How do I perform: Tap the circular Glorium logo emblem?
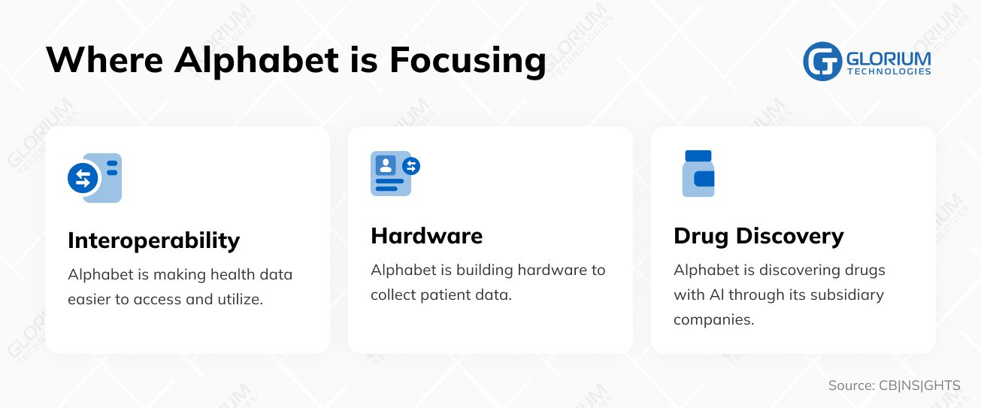[822, 61]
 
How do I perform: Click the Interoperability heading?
[153, 240]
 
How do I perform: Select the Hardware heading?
[426, 236]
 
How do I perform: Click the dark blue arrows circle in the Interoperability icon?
[83, 178]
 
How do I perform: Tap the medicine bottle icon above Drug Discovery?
[698, 174]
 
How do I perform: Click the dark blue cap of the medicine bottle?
[698, 156]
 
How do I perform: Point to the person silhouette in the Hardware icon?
[386, 165]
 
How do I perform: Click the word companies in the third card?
[713, 319]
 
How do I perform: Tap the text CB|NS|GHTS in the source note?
[919, 386]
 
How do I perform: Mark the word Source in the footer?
[850, 386]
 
